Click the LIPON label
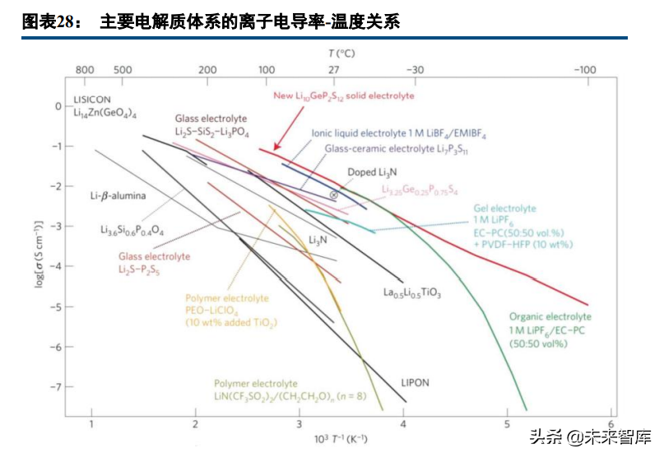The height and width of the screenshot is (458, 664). [x=415, y=383]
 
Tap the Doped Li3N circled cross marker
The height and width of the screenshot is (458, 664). [x=333, y=194]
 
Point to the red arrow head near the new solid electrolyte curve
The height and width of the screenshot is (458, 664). [x=275, y=144]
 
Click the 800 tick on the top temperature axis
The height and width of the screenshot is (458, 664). [x=85, y=71]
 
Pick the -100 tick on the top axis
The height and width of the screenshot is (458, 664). [x=584, y=71]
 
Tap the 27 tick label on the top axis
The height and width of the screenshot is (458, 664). [x=333, y=71]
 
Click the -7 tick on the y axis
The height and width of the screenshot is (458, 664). [x=57, y=386]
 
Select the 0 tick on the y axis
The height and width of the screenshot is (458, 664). [x=58, y=106]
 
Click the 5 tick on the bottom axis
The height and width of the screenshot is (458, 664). [x=508, y=424]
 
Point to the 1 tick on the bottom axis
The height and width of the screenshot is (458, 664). [x=91, y=424]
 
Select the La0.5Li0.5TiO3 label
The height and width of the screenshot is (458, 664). [x=412, y=292]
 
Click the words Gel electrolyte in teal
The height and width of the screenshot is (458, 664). [x=504, y=209]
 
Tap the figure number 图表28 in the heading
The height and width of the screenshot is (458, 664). [x=49, y=22]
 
